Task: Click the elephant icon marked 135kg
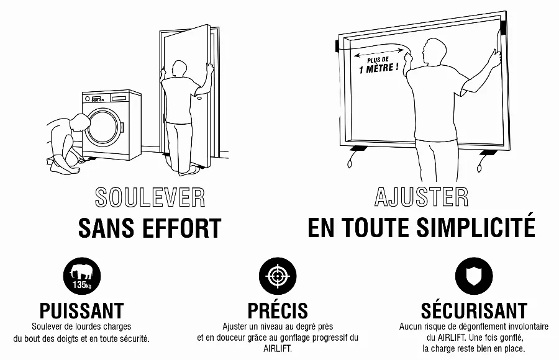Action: (x=82, y=276)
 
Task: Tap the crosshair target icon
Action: (x=278, y=276)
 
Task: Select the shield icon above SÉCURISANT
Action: (x=474, y=276)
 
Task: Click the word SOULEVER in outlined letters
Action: (x=150, y=197)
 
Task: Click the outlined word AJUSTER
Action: (x=421, y=197)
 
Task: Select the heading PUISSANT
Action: (x=81, y=311)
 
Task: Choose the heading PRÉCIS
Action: (x=278, y=310)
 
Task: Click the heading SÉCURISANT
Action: (x=474, y=310)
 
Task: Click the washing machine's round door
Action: (x=104, y=127)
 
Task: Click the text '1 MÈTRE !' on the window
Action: (x=379, y=68)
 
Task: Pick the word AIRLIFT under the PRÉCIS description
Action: (x=278, y=349)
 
